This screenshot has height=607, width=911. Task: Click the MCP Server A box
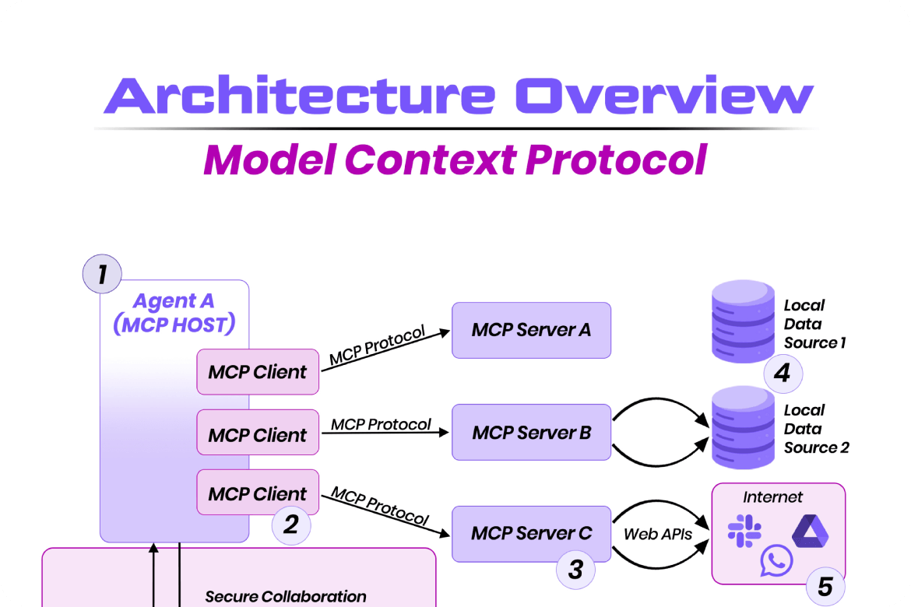pos(531,330)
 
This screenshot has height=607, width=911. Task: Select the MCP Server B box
pos(531,432)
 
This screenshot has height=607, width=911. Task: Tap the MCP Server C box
pos(531,534)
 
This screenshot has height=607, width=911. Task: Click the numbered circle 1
pos(102,274)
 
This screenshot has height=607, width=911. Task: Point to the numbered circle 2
pos(290,525)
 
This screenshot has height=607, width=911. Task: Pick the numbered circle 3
pos(575,570)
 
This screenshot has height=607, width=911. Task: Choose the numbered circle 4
pos(782,374)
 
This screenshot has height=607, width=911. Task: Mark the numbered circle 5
pos(825,586)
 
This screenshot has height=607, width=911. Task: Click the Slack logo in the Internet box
pos(744,531)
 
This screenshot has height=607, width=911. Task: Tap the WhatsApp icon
pos(776,560)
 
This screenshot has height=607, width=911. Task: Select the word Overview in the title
pos(664,96)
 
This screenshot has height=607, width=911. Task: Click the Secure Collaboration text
pos(286,597)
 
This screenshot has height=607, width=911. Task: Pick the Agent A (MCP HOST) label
pos(174,313)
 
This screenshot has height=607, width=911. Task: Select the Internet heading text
pos(772,497)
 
